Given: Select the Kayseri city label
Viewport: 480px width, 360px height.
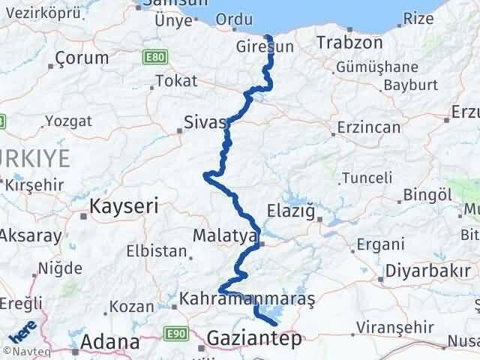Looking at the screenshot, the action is pyautogui.click(x=124, y=205).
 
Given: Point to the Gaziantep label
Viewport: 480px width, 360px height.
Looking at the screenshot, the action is pyautogui.click(x=256, y=339).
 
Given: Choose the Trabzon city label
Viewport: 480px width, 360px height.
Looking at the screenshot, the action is pyautogui.click(x=349, y=43).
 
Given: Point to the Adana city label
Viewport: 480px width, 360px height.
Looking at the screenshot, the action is pyautogui.click(x=110, y=342).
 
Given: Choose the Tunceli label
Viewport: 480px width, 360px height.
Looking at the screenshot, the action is pyautogui.click(x=367, y=178).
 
